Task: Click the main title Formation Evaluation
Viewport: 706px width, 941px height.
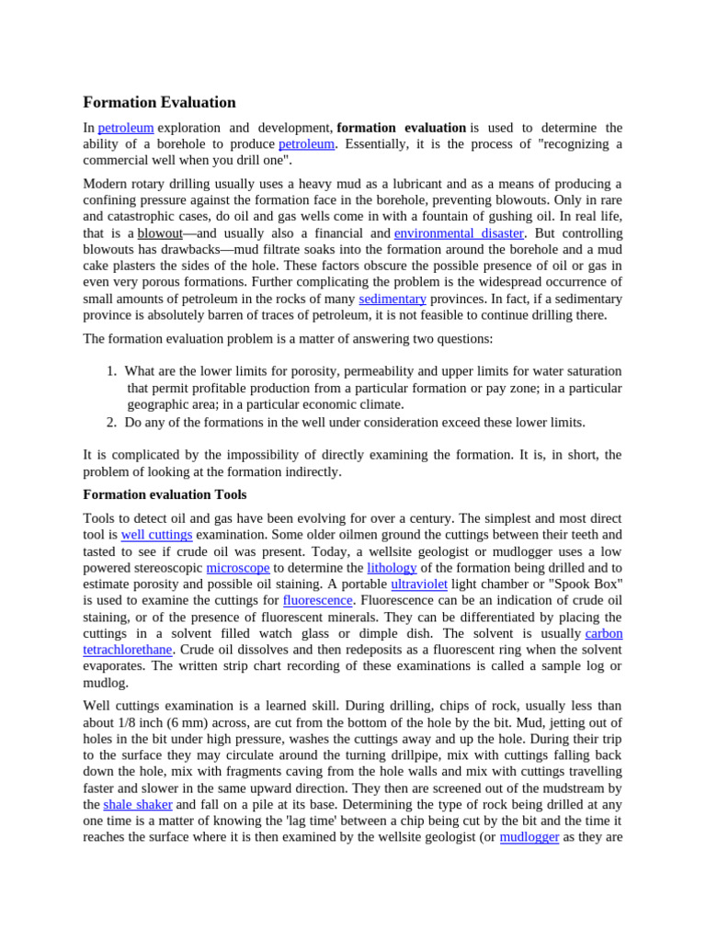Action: [x=159, y=102]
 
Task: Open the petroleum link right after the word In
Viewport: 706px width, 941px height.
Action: [x=126, y=128]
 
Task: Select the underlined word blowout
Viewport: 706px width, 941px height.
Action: [x=160, y=233]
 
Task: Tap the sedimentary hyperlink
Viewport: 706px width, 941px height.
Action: [x=393, y=299]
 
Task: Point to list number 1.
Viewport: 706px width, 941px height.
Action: [x=110, y=371]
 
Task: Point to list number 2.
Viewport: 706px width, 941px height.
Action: [x=110, y=423]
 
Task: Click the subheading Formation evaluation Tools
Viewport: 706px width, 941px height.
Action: [x=165, y=494]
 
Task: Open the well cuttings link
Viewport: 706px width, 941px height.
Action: [x=157, y=534]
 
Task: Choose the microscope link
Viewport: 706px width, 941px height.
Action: [x=237, y=568]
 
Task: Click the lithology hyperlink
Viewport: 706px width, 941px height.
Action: [x=392, y=568]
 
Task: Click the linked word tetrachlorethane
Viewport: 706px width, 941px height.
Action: [x=128, y=650]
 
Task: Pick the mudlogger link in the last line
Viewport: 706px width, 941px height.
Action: [x=529, y=837]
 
